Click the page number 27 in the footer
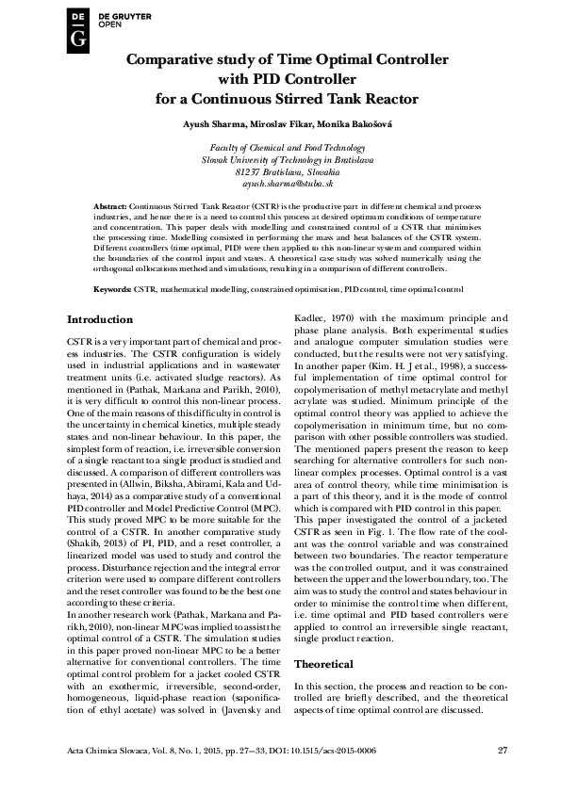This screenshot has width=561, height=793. pos(503,750)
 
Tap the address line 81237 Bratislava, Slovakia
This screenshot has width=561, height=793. pos(280,173)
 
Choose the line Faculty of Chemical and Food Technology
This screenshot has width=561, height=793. pos(280,149)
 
